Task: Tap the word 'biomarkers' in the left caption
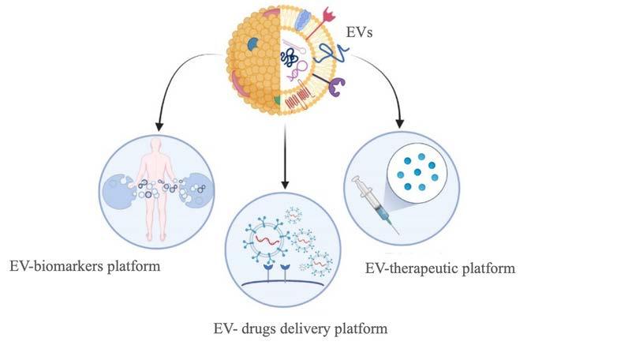click(84, 266)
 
